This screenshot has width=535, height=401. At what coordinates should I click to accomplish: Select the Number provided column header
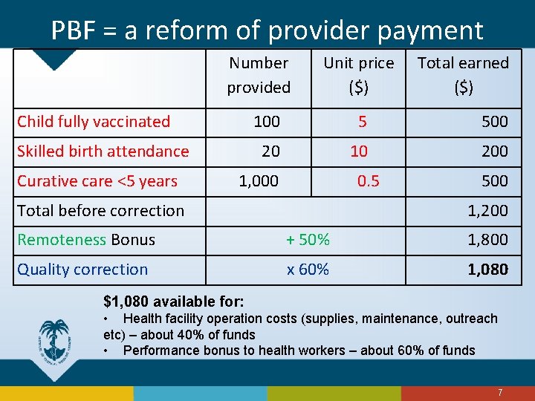click(259, 75)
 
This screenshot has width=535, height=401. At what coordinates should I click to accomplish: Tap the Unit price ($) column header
click(358, 75)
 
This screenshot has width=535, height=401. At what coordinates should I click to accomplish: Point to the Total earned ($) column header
click(463, 75)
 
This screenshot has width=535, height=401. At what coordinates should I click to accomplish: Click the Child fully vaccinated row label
click(94, 122)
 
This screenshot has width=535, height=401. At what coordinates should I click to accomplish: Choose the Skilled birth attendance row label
click(103, 151)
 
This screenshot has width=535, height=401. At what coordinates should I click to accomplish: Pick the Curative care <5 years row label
click(97, 181)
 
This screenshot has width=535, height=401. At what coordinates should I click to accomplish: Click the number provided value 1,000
click(259, 181)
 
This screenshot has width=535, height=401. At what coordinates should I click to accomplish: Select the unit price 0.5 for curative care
click(368, 181)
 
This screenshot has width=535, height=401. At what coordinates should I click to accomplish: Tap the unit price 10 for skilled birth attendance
click(359, 151)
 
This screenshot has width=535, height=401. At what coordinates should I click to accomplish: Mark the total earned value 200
click(494, 151)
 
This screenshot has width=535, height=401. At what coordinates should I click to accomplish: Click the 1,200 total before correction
click(487, 211)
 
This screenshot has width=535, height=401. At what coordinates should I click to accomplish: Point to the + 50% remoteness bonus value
click(308, 240)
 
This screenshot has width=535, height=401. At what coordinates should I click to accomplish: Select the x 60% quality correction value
click(308, 270)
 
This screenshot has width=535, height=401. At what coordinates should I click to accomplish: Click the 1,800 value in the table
click(487, 240)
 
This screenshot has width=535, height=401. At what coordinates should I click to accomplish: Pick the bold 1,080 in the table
click(487, 270)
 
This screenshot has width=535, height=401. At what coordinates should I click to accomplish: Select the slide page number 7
click(500, 392)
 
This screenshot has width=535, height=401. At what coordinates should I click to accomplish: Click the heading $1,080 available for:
click(173, 301)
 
